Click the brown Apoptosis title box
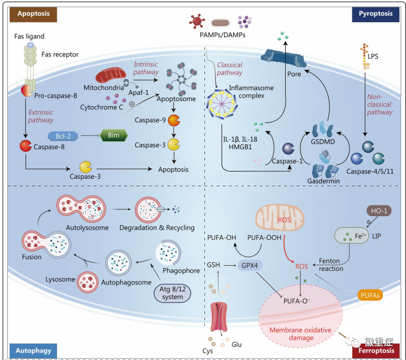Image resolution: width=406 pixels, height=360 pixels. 33,15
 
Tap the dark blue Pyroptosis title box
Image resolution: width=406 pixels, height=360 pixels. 376,15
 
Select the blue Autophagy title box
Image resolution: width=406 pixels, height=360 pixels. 33,350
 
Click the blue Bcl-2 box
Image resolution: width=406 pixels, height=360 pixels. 63,136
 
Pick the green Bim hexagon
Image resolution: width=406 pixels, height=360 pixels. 113,135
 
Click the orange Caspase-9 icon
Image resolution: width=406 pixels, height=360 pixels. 174,120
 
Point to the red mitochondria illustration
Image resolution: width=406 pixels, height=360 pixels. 111,75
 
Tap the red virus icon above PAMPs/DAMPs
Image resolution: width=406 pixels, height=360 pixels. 197,21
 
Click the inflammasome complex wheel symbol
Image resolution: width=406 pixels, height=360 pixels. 222,104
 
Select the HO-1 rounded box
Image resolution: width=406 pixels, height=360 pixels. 379,211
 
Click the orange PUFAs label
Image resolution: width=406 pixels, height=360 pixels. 370,295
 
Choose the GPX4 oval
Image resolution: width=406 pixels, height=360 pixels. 250,266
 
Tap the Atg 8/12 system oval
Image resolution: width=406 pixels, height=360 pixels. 172,293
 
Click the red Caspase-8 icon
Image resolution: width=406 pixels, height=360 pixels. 25,146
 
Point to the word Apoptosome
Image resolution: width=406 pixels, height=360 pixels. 176,99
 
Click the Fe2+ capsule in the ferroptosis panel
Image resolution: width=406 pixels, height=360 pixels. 352,236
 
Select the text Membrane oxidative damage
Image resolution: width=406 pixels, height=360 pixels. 300,334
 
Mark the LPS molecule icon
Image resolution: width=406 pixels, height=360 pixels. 365,56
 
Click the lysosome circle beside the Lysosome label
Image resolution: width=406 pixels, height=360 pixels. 88,282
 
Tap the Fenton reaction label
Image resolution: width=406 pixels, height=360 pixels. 330,265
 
